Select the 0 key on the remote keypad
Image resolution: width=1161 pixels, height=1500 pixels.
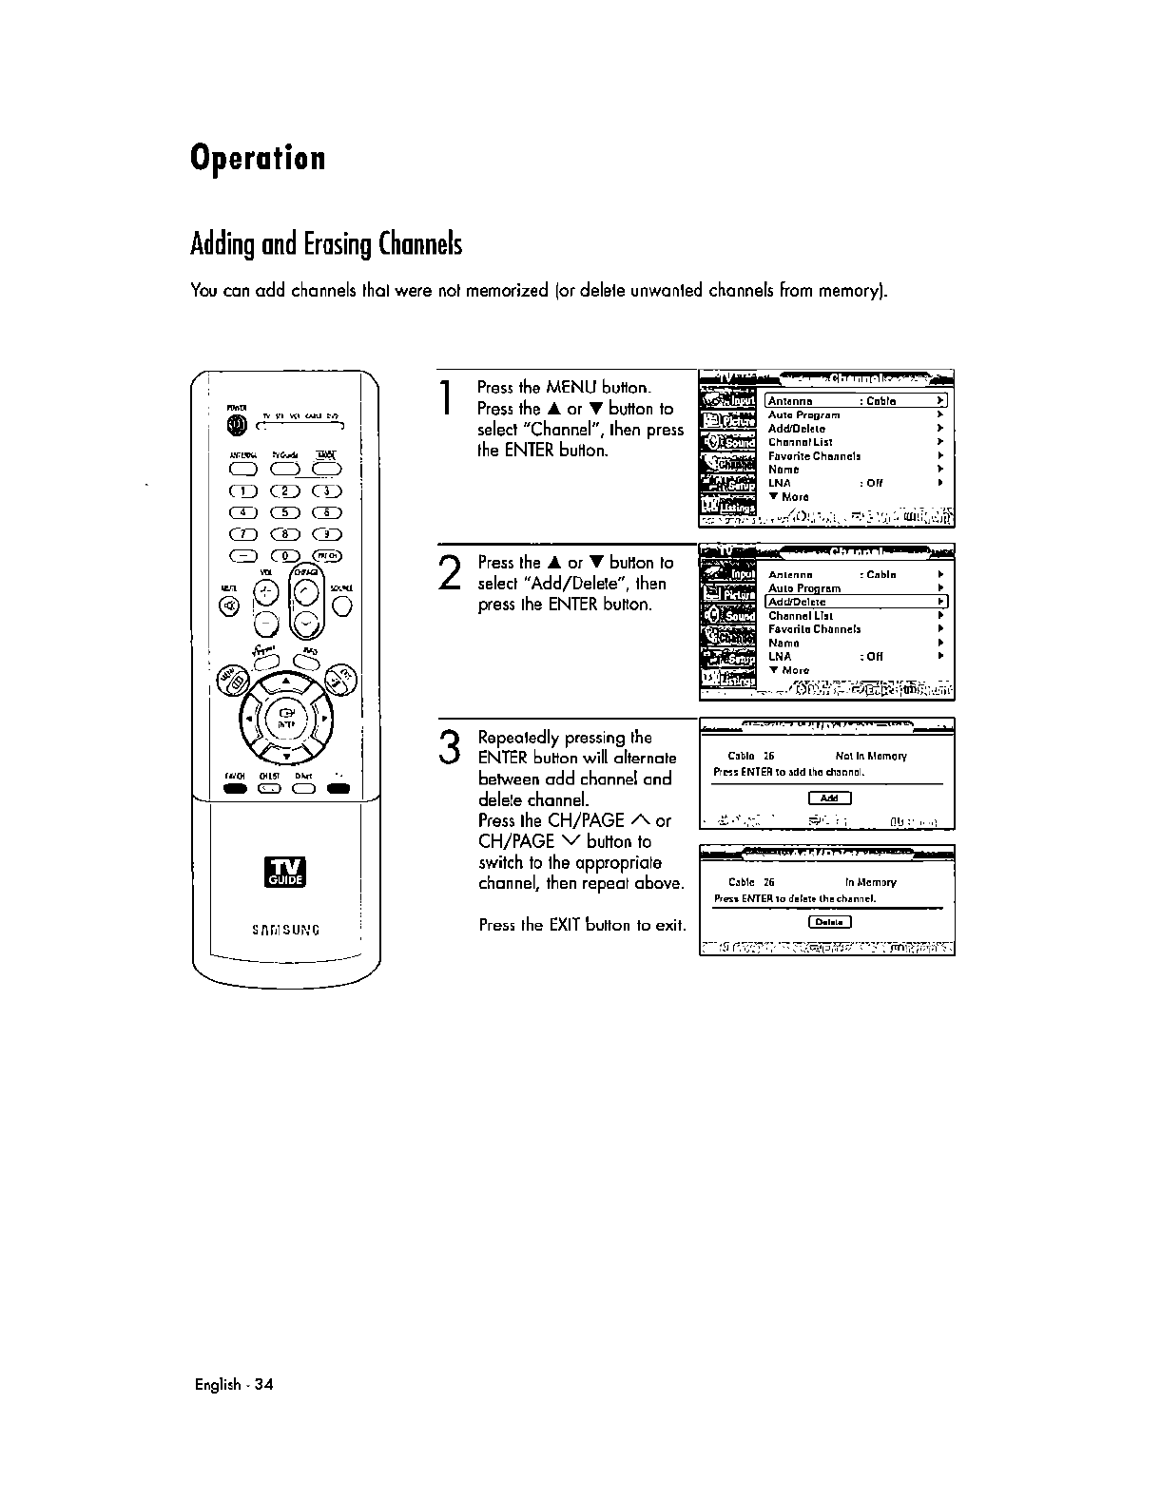(285, 556)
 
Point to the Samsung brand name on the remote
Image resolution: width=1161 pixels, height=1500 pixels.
(285, 929)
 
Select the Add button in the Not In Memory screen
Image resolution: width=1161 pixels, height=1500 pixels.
(828, 798)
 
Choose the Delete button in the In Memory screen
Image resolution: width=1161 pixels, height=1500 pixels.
(829, 921)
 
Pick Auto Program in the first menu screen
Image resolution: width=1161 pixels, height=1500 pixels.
(803, 415)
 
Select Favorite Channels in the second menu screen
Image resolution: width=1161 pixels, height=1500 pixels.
(814, 629)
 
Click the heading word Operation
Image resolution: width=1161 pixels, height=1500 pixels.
(258, 158)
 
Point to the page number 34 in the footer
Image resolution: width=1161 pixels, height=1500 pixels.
(263, 1384)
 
